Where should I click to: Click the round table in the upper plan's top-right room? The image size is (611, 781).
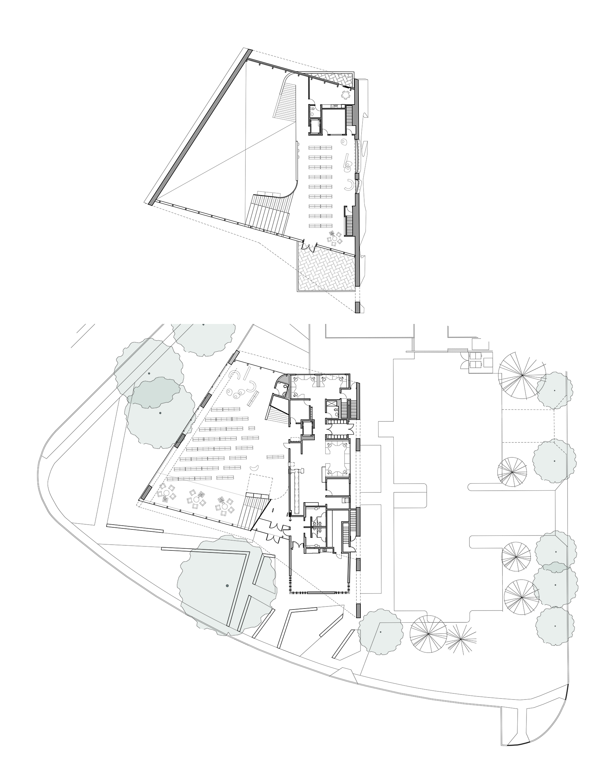pyautogui.click(x=345, y=95)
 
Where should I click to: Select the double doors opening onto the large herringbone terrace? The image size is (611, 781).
pyautogui.click(x=309, y=246)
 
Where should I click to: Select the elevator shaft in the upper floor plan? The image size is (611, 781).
pyautogui.click(x=315, y=127)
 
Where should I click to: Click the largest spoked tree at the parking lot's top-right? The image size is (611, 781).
pyautogui.click(x=522, y=375)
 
